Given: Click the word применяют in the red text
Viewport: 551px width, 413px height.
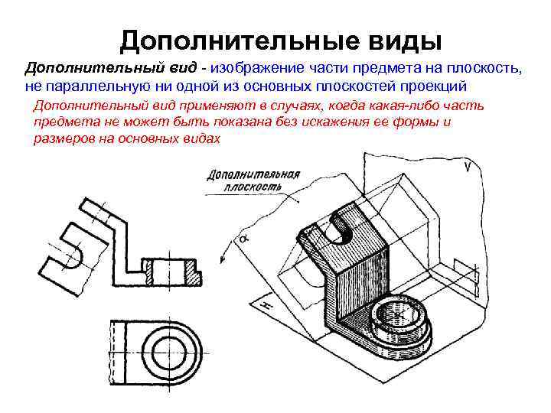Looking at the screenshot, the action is pyautogui.click(x=199, y=106).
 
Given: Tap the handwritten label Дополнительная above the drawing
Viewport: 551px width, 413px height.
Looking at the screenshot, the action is pyautogui.click(x=253, y=174).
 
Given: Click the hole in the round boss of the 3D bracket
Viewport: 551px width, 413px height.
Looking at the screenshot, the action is pyautogui.click(x=398, y=313).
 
